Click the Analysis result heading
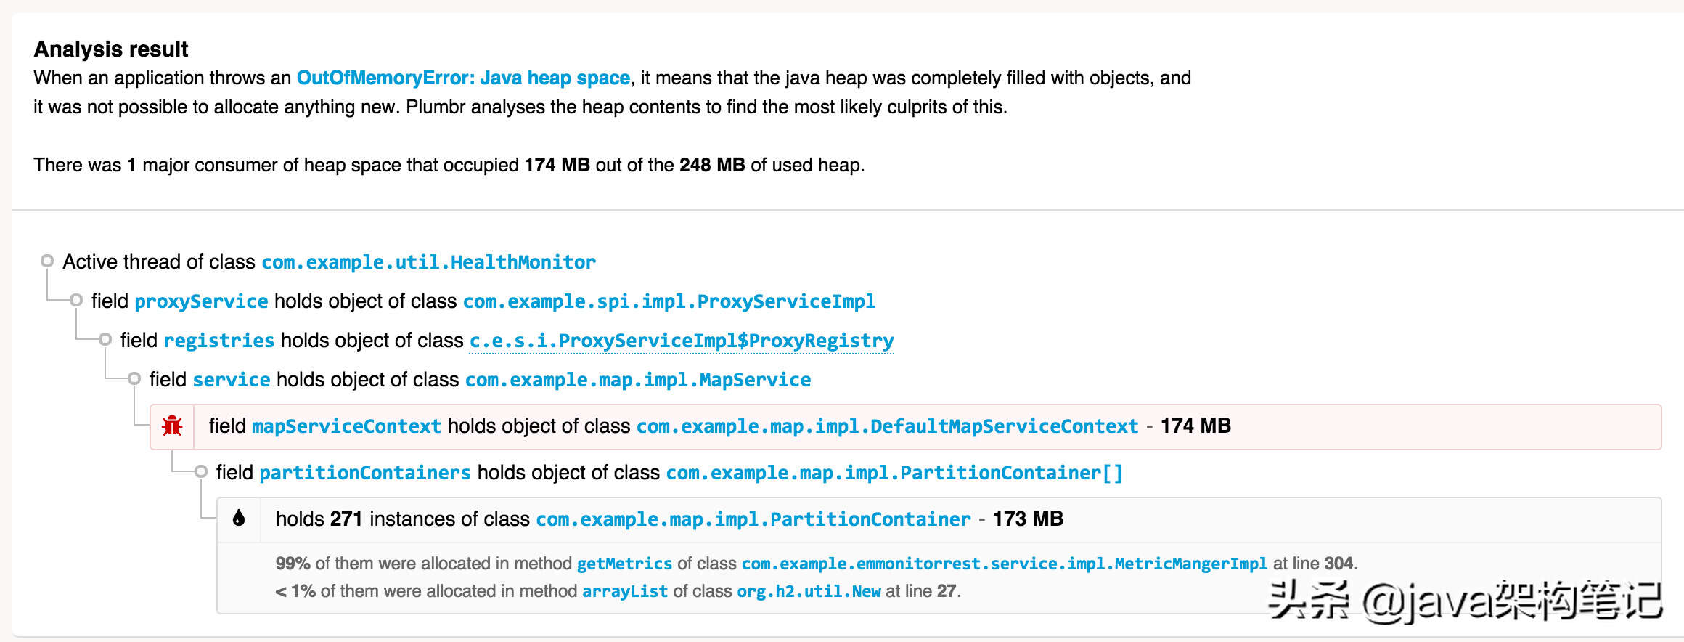tap(111, 49)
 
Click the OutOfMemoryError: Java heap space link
tap(463, 78)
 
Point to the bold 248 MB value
tap(712, 165)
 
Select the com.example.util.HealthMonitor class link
tap(428, 262)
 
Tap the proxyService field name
tap(201, 301)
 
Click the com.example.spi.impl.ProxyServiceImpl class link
tap(669, 301)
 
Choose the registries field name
tap(219, 341)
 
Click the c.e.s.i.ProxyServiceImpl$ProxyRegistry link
tap(682, 341)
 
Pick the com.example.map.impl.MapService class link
tap(638, 380)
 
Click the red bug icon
tap(172, 426)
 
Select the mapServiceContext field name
tap(346, 426)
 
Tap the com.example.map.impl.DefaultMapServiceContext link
tap(887, 426)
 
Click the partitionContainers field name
tap(365, 473)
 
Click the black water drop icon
tap(239, 518)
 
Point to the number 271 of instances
tap(346, 519)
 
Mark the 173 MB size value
tap(1028, 519)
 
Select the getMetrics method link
tap(624, 564)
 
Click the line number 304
tap(1338, 564)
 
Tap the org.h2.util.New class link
tap(809, 591)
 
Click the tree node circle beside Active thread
tap(47, 261)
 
